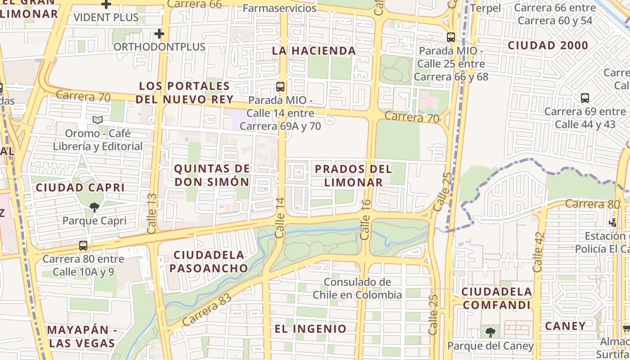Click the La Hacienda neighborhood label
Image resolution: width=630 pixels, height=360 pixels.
coord(314,50)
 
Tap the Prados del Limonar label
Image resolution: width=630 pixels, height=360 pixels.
coord(353,175)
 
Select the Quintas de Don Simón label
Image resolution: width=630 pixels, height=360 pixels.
coord(211,175)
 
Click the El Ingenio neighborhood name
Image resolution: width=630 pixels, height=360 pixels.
coord(310,328)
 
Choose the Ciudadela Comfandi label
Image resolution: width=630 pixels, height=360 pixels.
coord(496,298)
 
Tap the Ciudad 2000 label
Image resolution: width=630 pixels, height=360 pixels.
coord(548,45)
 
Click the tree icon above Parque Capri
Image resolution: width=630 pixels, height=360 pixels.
coord(94,207)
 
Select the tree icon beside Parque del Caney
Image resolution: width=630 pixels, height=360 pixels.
coord(490,333)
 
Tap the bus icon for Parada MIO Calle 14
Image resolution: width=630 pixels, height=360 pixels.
coord(280,87)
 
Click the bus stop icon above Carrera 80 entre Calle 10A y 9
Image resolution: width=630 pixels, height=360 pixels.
coord(83,246)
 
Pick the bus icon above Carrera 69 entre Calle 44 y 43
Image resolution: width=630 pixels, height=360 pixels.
coord(585,98)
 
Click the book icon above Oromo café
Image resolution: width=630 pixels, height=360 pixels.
coord(98,120)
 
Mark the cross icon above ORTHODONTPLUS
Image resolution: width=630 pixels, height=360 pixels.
coord(159,34)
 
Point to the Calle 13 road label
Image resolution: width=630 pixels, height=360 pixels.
coord(152,213)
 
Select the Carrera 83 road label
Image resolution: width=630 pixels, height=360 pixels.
coord(207,310)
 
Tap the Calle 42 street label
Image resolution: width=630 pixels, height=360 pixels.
coord(538,252)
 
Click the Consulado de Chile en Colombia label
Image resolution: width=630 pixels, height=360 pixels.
coord(357,288)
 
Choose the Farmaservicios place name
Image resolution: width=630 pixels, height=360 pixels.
coord(279,8)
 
